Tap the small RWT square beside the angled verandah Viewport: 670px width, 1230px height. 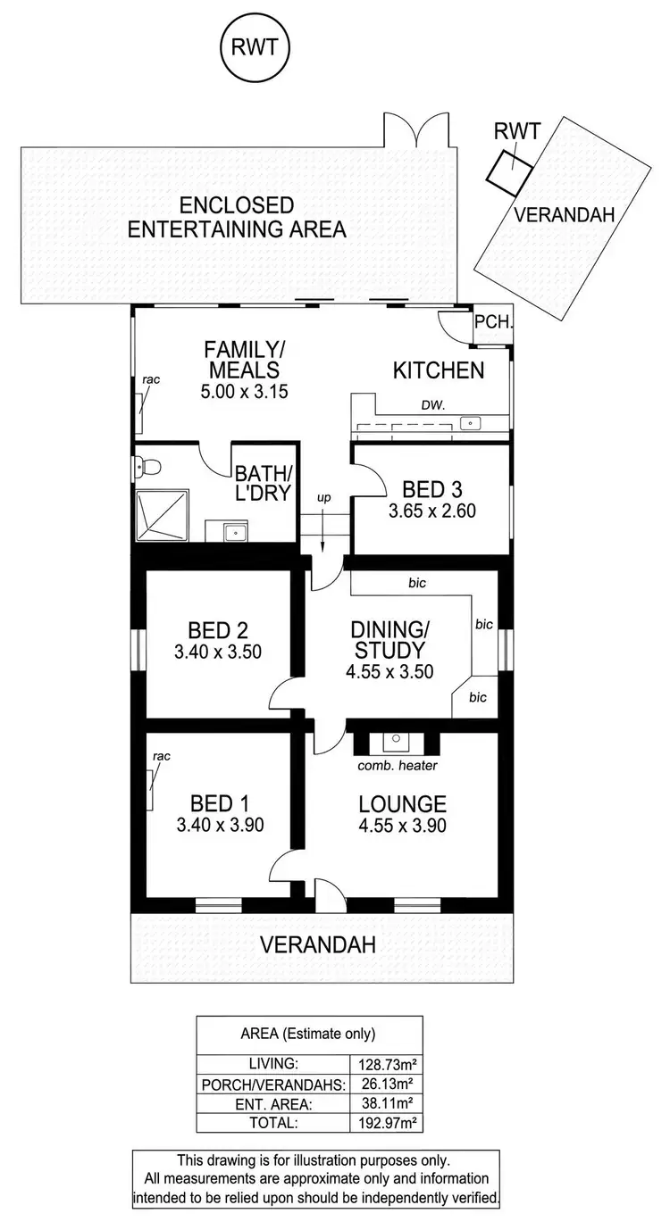point(507,170)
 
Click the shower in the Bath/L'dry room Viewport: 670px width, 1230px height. point(163,515)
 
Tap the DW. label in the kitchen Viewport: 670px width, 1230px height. point(433,404)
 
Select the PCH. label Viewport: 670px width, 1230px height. point(492,322)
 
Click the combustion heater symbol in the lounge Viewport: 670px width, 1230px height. point(395,742)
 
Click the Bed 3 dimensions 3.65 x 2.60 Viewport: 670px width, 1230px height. point(431,511)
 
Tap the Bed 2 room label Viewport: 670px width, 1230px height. point(220,627)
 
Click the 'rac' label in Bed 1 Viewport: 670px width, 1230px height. point(161,756)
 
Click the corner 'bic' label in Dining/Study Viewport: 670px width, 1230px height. point(477,697)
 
